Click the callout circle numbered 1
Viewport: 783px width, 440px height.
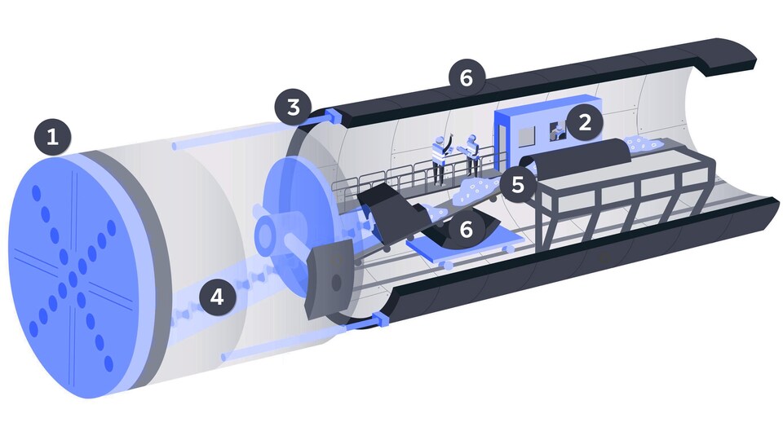[x=52, y=136]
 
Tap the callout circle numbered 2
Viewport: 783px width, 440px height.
[x=584, y=121]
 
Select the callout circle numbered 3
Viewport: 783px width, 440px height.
[x=293, y=107]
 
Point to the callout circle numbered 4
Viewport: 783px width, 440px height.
[x=217, y=297]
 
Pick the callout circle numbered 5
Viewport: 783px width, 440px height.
[x=518, y=185]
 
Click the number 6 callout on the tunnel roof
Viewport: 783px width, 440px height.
[x=467, y=77]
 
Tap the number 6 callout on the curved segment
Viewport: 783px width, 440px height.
[x=466, y=229]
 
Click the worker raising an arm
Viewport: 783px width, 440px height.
[x=441, y=159]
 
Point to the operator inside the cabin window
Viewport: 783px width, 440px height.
[x=557, y=131]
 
